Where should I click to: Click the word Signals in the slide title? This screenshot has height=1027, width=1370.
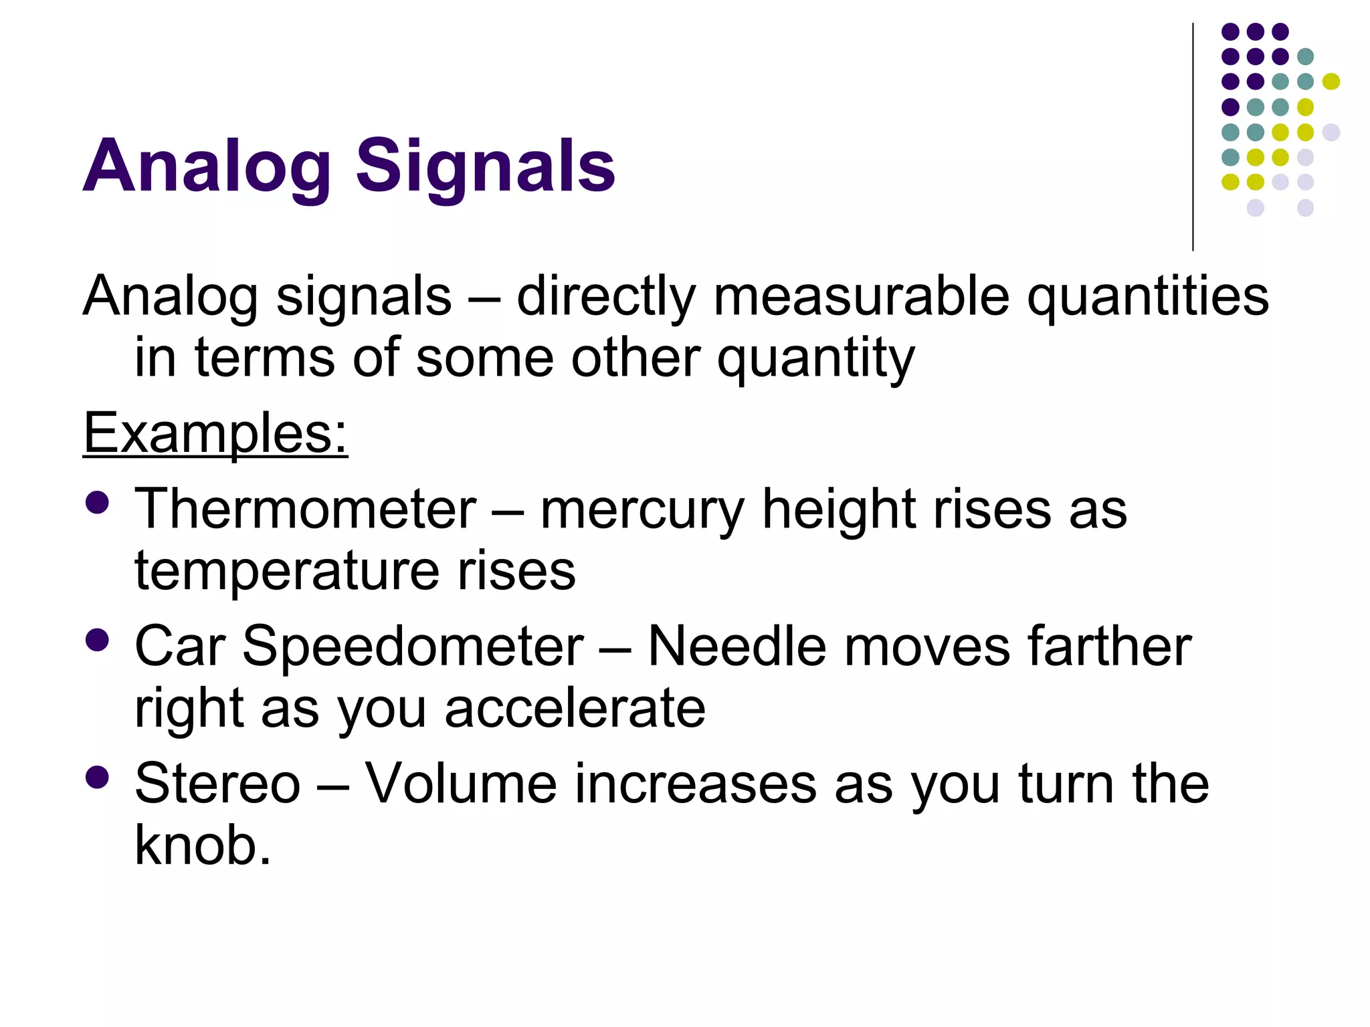pyautogui.click(x=484, y=166)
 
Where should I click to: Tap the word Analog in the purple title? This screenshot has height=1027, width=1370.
pyautogui.click(x=207, y=166)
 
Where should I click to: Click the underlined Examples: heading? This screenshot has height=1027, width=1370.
pyautogui.click(x=215, y=433)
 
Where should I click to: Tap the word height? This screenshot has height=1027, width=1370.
pyautogui.click(x=839, y=509)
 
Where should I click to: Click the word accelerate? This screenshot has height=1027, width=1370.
pyautogui.click(x=575, y=709)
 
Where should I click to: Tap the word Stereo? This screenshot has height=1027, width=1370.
pyautogui.click(x=217, y=784)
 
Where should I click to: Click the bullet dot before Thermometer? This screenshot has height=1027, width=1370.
pyautogui.click(x=98, y=503)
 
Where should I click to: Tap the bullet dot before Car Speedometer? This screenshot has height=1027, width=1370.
pyautogui.click(x=98, y=640)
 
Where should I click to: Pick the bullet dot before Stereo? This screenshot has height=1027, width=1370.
pyautogui.click(x=98, y=777)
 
